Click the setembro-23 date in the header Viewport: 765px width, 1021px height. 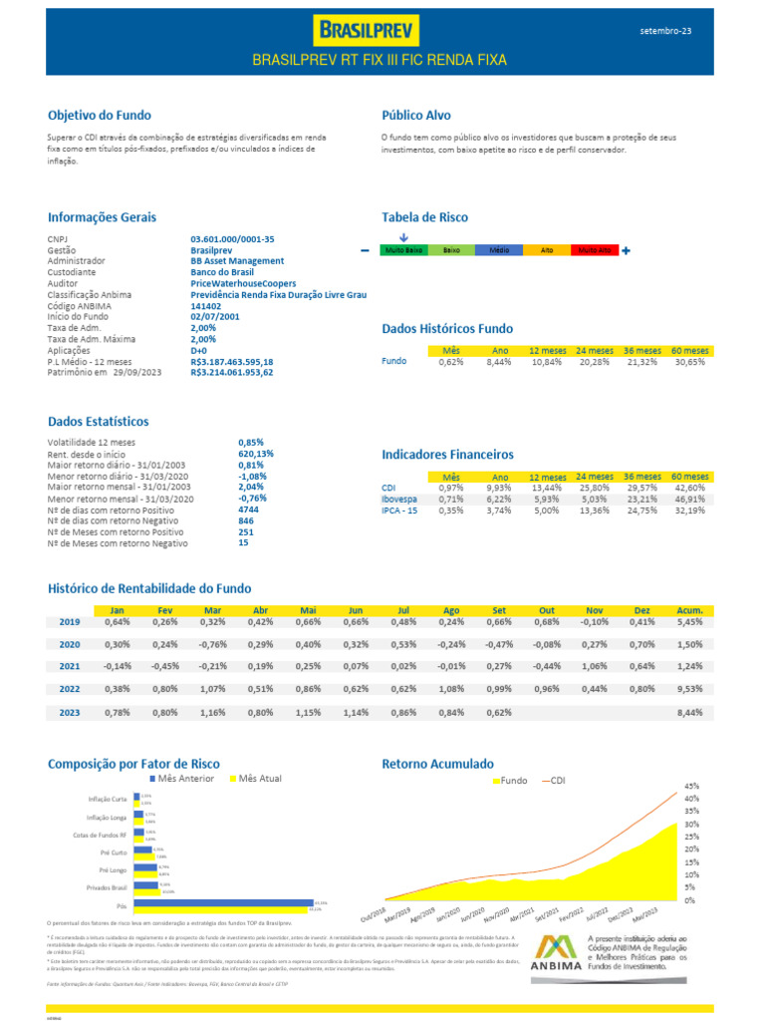point(665,32)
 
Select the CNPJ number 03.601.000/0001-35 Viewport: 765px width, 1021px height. point(232,239)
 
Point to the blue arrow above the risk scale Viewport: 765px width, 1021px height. point(403,237)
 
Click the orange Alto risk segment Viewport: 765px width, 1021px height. point(547,251)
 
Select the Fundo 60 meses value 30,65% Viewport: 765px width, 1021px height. point(689,362)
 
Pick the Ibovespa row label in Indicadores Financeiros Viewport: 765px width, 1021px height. point(399,499)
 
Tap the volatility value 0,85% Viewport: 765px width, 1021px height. point(251,441)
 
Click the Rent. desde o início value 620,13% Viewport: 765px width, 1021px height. point(256,453)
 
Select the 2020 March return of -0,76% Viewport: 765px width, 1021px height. point(212,644)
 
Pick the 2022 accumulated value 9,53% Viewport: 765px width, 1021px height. point(689,689)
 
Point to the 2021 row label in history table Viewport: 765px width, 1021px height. point(70,666)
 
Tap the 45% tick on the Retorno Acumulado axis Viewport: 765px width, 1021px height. point(691,786)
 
